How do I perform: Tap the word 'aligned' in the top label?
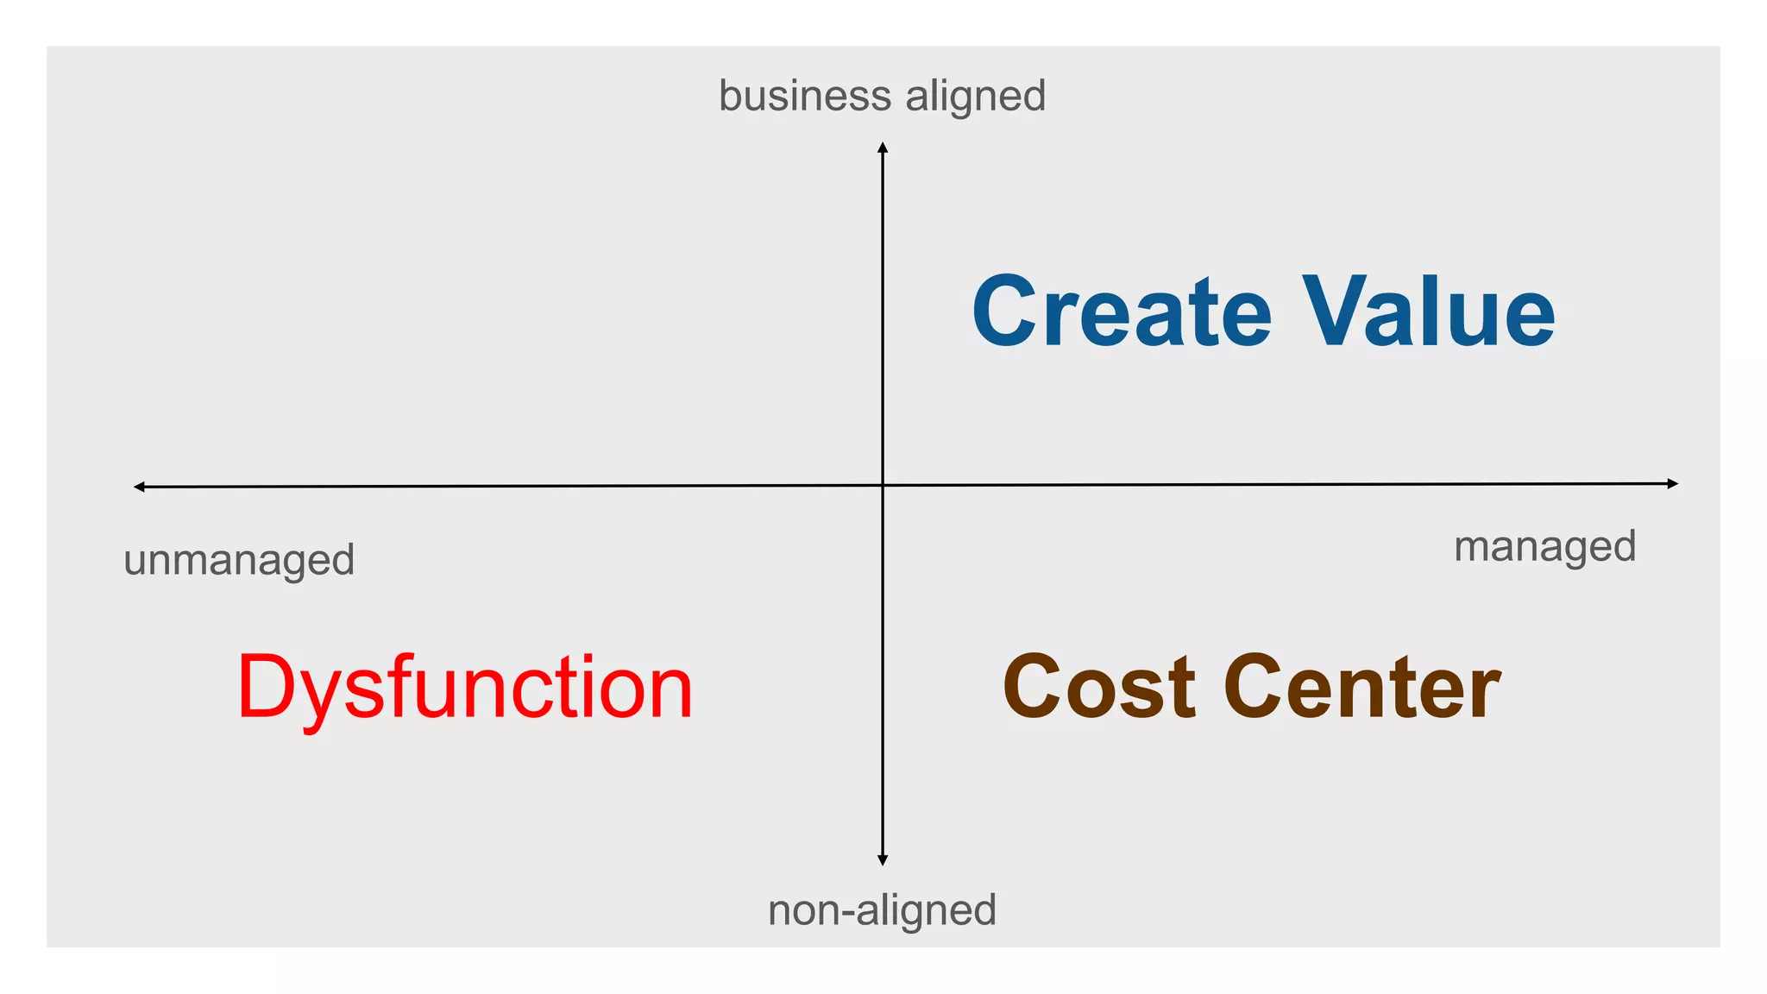[975, 96]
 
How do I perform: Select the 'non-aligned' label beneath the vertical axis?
[882, 910]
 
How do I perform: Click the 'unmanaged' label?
[239, 560]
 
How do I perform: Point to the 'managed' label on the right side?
[1544, 547]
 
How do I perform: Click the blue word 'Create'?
[1122, 311]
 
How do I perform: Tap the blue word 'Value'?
[1428, 311]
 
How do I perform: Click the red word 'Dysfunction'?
[464, 688]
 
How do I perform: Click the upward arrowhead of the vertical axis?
[883, 148]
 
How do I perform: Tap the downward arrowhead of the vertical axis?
[883, 860]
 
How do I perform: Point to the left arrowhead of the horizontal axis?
[139, 488]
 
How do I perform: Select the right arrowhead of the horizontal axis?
[1673, 483]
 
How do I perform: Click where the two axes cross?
[883, 485]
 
